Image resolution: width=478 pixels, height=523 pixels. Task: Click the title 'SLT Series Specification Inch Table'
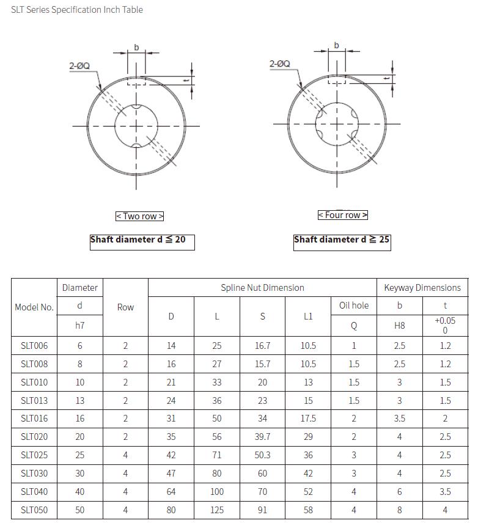pos(77,10)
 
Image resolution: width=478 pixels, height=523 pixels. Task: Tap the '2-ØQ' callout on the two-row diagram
pos(79,65)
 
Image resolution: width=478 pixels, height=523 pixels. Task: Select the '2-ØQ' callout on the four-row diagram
pos(280,64)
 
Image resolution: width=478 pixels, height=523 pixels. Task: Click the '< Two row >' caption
pos(140,216)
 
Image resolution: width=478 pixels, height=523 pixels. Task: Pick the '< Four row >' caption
pos(343,215)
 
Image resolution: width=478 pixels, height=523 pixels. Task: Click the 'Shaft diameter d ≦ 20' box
pos(142,241)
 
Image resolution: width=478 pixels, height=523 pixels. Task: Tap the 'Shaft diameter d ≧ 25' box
pos(342,240)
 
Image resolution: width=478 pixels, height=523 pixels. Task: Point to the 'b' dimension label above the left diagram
pos(136,48)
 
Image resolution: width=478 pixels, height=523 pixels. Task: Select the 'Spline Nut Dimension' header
pos(262,288)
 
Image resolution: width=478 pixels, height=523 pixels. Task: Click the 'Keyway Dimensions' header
pos(422,288)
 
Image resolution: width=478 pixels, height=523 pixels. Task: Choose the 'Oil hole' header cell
pos(354,305)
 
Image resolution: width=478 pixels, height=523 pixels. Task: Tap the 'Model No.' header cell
pos(34,307)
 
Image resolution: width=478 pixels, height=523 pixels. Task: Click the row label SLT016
pos(34,419)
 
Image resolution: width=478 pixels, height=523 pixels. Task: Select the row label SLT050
pos(34,510)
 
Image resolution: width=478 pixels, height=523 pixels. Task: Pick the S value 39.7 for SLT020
pos(263,437)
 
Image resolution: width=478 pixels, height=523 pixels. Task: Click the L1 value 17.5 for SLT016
pos(308,419)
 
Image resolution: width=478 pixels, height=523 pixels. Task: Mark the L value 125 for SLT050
pos(217,510)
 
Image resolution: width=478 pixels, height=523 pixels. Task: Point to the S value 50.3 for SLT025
pos(263,455)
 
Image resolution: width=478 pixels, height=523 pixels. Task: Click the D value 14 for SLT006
pos(171,346)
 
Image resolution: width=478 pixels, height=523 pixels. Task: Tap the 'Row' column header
pos(125,307)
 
